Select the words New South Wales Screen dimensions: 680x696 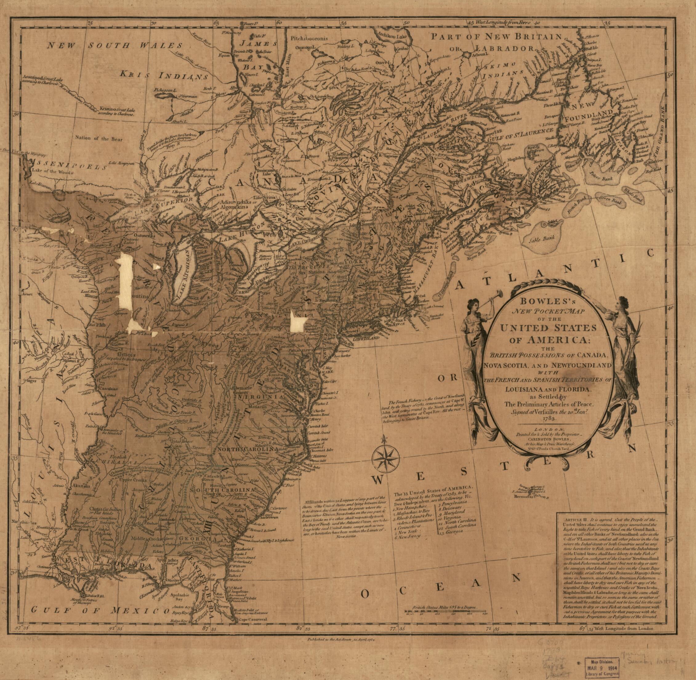click(x=116, y=46)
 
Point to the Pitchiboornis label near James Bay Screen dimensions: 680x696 click(x=309, y=38)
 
